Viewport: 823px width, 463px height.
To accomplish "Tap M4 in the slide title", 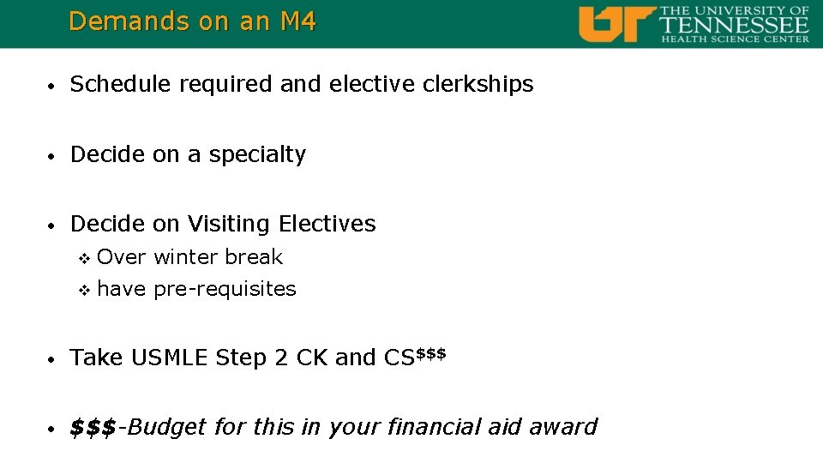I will tap(298, 21).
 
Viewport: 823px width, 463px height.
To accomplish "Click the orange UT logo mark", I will tap(616, 24).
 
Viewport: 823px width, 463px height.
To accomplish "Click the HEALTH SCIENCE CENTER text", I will tap(735, 39).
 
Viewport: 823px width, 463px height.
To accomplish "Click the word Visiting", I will tap(227, 224).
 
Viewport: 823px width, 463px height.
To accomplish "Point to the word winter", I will tap(186, 257).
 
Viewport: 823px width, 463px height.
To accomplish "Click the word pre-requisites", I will tap(225, 289).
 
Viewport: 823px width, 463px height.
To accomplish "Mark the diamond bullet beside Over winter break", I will tap(84, 258).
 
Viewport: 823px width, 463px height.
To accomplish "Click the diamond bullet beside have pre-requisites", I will tap(84, 290).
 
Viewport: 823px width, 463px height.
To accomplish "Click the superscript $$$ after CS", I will tap(431, 352).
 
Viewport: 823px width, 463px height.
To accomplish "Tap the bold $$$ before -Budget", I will tap(93, 427).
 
